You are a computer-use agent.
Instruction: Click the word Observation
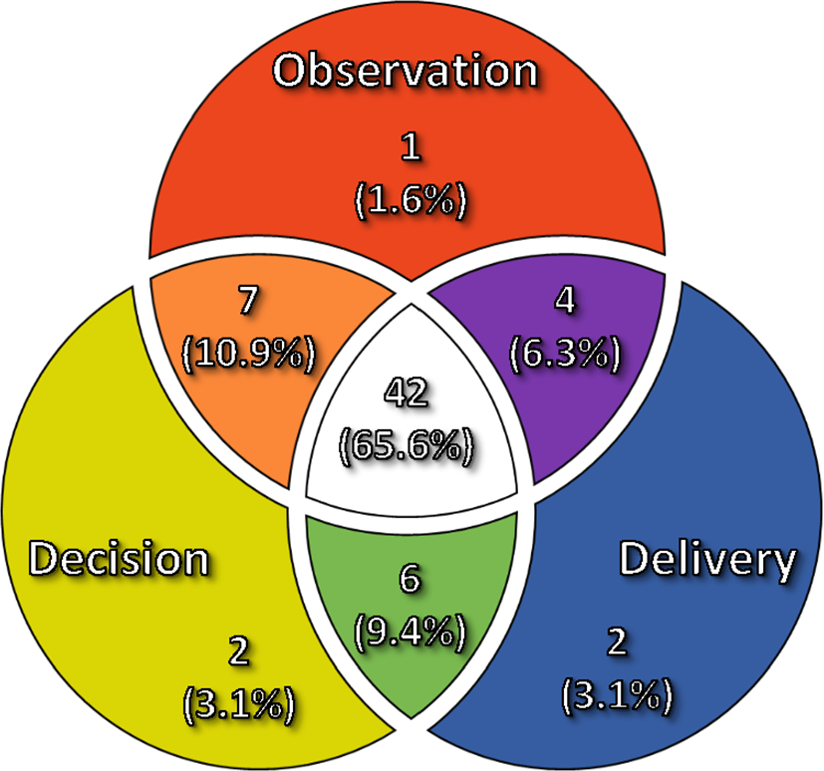[x=406, y=71]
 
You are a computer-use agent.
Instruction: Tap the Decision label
[x=119, y=559]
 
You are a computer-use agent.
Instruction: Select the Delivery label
[x=707, y=561]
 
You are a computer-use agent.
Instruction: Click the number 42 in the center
[x=406, y=392]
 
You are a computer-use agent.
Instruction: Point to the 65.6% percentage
[x=407, y=446]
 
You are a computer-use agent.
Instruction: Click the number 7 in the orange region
[x=248, y=300]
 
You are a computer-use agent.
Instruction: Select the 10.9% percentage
[x=248, y=354]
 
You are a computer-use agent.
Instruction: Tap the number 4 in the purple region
[x=565, y=301]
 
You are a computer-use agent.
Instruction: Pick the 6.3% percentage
[x=565, y=354]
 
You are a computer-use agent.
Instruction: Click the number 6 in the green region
[x=411, y=578]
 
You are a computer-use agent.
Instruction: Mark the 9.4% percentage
[x=410, y=632]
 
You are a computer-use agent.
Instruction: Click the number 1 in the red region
[x=411, y=146]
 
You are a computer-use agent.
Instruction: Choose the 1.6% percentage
[x=411, y=200]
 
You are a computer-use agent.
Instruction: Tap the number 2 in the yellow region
[x=239, y=650]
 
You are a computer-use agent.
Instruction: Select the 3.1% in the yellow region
[x=239, y=704]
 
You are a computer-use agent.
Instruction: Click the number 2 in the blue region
[x=617, y=642]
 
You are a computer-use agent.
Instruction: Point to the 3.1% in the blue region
[x=617, y=695]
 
